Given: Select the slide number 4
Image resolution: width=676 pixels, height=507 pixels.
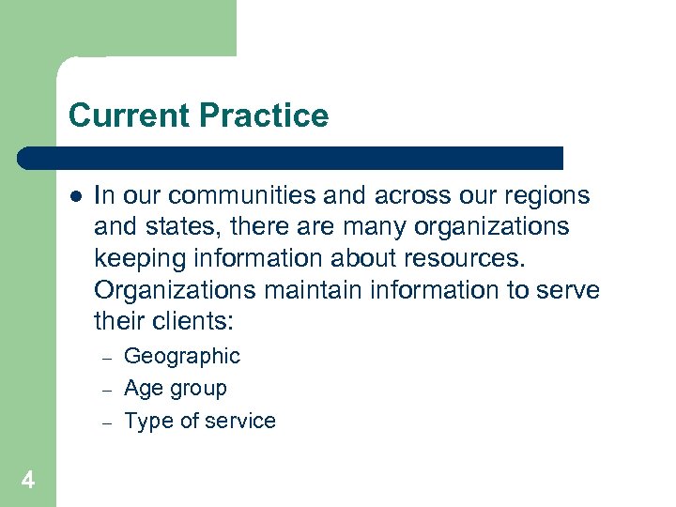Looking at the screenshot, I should point(28,481).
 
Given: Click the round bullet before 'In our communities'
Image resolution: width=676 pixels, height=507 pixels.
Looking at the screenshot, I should point(75,196).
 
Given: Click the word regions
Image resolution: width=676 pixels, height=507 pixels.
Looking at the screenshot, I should point(545,196).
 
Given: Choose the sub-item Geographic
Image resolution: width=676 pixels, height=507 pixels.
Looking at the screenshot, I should point(182,357).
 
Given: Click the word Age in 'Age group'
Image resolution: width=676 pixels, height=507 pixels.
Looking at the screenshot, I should point(143,389).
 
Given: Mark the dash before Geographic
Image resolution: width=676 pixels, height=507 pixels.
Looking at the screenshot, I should point(107,359).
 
